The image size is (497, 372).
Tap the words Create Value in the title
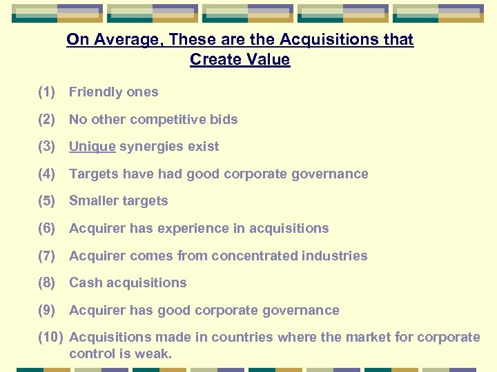point(240,60)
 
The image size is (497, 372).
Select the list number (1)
point(46,92)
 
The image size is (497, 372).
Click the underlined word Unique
point(92,147)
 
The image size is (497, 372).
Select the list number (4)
point(46,174)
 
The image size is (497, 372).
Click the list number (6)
point(46,229)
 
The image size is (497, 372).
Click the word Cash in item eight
point(84,283)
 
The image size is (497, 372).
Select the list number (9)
point(46,311)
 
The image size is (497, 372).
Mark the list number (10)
point(50,338)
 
